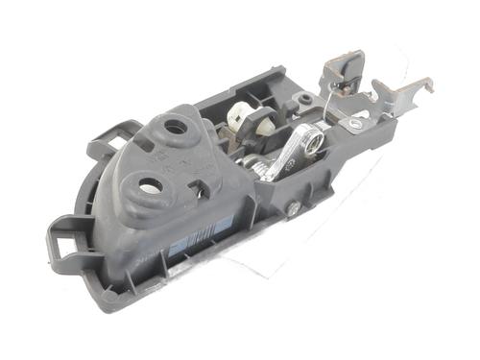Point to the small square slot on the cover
point(201,184)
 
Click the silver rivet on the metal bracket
point(356,123)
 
